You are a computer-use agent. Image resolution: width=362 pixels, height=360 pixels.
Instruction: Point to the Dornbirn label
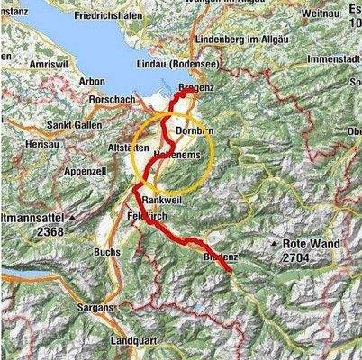(x=193, y=130)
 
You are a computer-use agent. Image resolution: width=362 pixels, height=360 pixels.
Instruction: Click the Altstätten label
(x=127, y=144)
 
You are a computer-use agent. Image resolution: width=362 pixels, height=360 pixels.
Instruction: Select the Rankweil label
(x=162, y=202)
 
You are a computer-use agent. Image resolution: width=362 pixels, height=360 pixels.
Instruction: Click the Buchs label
(x=106, y=253)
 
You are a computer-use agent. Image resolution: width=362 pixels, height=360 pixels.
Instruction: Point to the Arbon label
(x=92, y=81)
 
